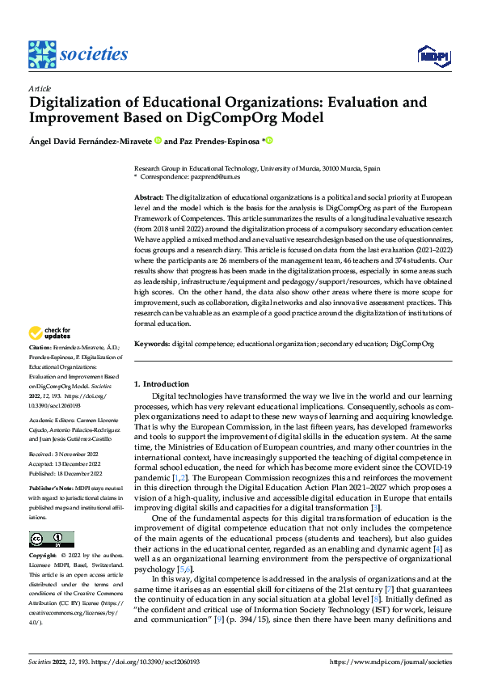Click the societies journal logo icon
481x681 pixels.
(x=43, y=53)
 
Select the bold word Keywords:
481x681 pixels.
(x=151, y=344)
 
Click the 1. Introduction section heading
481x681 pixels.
(x=162, y=384)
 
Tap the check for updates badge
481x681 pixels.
(x=50, y=333)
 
